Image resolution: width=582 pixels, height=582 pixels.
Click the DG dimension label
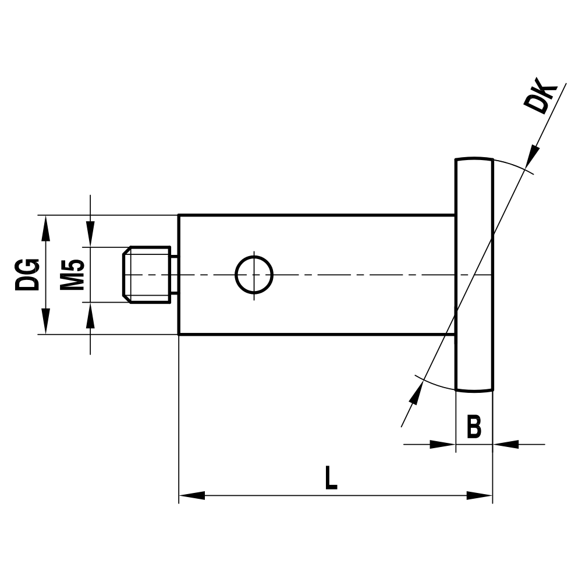[28, 274]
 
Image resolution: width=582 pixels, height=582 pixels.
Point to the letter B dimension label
[474, 427]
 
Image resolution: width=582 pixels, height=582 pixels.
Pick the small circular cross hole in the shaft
[254, 274]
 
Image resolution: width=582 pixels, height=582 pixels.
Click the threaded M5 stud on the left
[148, 274]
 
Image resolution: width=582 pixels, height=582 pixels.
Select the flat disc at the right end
[474, 274]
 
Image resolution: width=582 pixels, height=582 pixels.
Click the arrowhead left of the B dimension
[442, 445]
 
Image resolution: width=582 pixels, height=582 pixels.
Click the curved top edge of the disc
[474, 158]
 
